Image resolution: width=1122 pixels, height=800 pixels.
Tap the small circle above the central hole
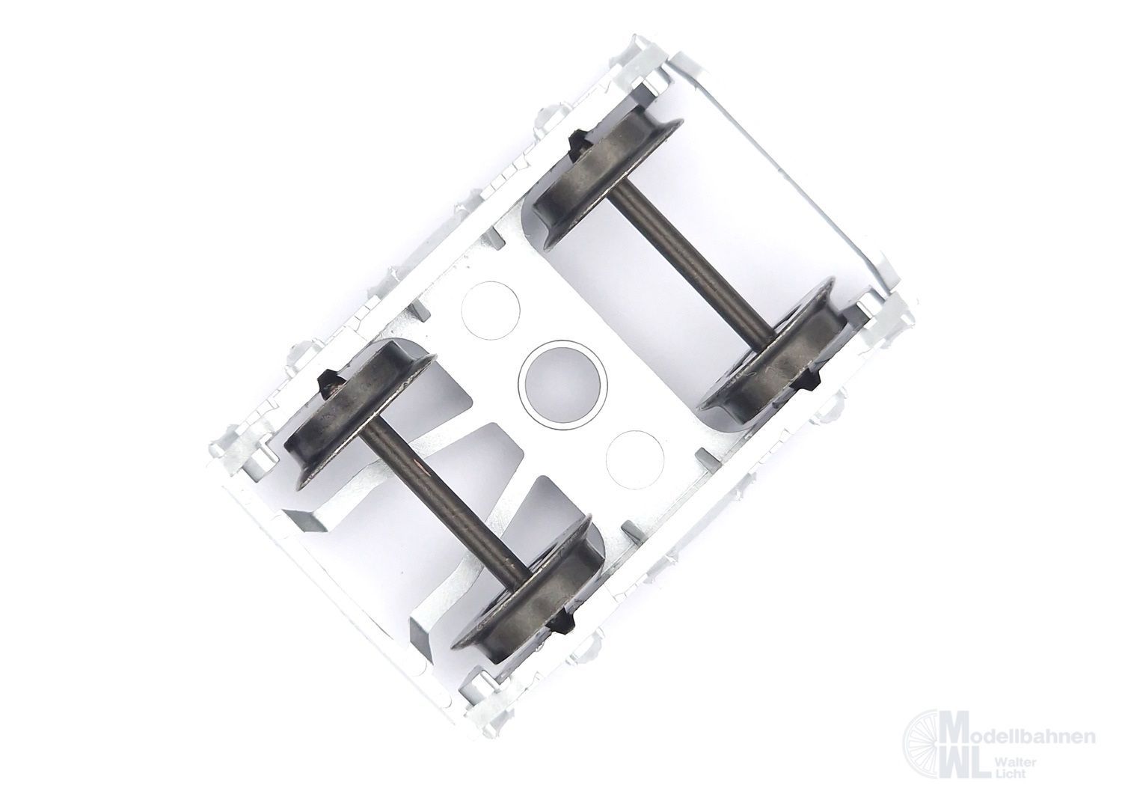491,311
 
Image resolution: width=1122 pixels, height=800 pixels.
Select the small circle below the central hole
634,459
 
